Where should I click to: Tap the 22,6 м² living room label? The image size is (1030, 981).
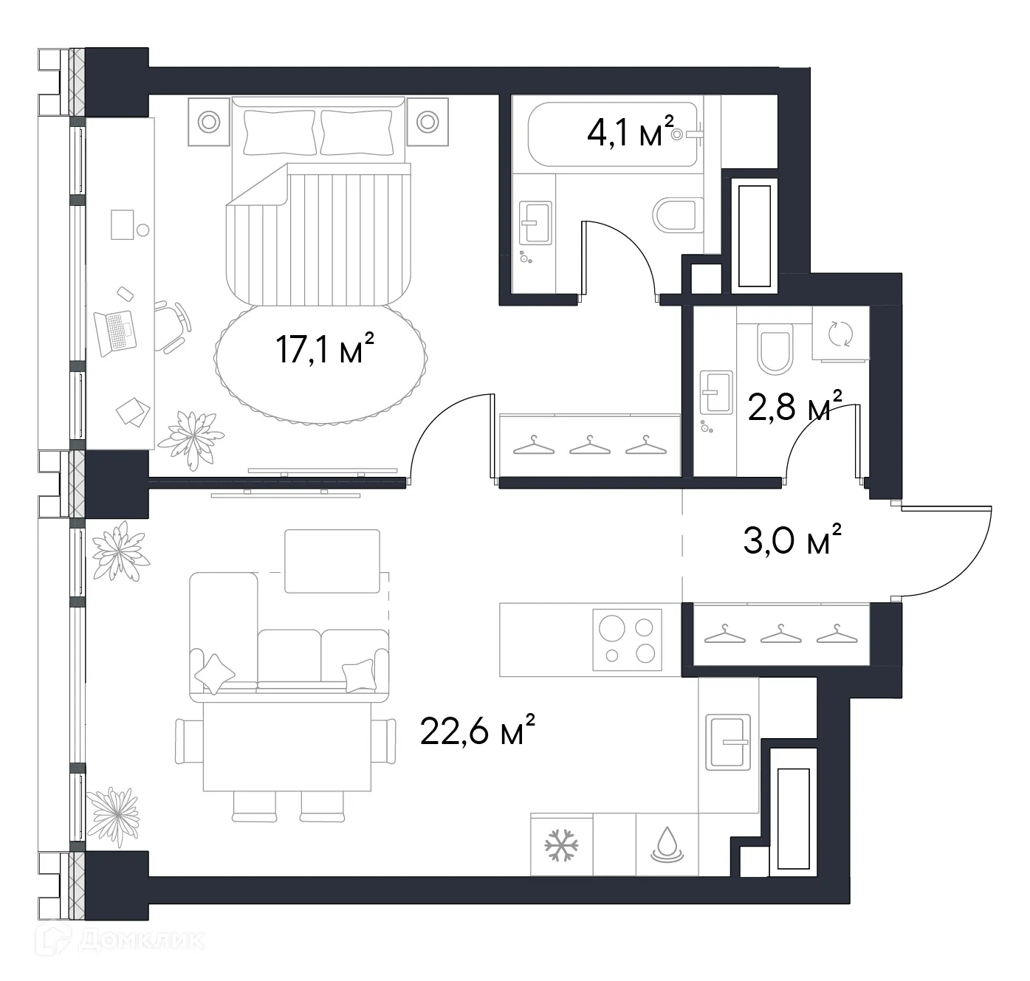tap(476, 732)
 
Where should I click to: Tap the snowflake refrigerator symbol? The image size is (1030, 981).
tap(561, 845)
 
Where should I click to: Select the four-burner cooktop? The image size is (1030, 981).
tap(627, 639)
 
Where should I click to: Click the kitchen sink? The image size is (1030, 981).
tap(727, 742)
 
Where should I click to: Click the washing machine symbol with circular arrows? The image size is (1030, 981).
tap(840, 334)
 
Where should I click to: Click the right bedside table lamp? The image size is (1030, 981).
tap(428, 121)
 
